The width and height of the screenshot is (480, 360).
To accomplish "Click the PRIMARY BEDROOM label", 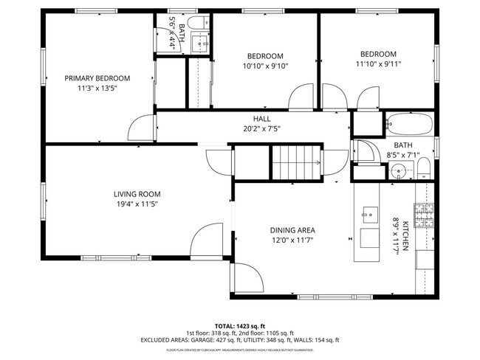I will tap(97, 78).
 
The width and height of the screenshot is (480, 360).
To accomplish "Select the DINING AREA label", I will tap(292, 229).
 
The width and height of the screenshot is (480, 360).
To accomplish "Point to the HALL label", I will tap(261, 118).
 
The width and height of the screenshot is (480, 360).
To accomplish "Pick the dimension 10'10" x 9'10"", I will tap(264, 66).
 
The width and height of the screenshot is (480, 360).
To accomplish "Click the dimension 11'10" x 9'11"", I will tap(378, 63).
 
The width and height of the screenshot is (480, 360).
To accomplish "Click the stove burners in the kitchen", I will tap(425, 215).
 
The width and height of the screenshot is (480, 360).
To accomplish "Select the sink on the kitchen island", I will tap(368, 215).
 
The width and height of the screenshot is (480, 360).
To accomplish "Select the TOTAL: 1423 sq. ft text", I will tap(240, 325).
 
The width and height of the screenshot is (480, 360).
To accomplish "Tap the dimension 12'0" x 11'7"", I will tap(292, 239).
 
